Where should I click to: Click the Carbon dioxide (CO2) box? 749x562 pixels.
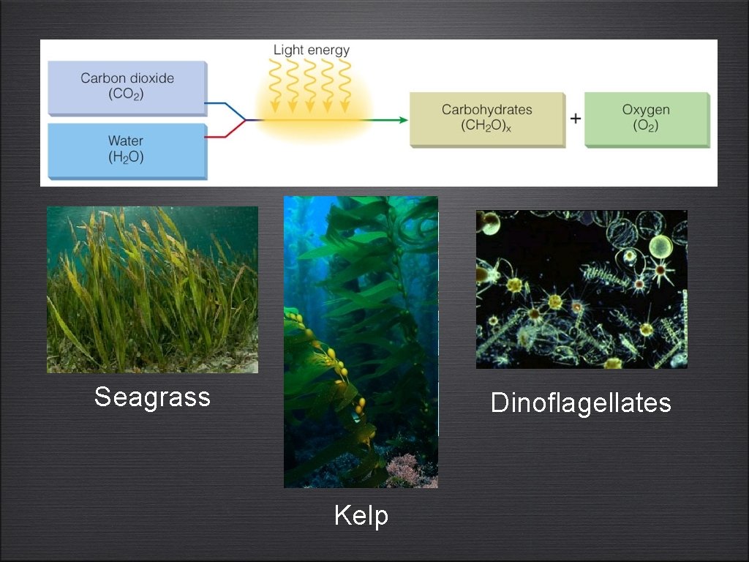point(127,87)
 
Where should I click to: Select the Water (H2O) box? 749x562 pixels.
point(127,150)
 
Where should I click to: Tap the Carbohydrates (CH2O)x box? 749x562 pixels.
point(486,119)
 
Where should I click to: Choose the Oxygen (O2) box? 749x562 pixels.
point(647,119)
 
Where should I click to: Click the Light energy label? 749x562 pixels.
point(312,50)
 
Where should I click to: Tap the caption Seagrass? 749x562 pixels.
point(152,397)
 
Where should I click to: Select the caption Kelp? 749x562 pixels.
point(361,516)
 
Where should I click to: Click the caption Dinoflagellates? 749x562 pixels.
point(581,402)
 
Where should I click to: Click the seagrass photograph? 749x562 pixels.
point(152,290)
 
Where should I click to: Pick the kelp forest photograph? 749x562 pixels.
point(361,341)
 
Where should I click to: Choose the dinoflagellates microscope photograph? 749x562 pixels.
point(581,289)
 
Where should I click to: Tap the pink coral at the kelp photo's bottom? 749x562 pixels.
point(404,469)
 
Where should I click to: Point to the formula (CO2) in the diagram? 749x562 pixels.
point(127,94)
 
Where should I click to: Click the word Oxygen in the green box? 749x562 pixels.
point(646,110)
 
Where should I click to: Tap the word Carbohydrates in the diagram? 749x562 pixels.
point(486,110)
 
